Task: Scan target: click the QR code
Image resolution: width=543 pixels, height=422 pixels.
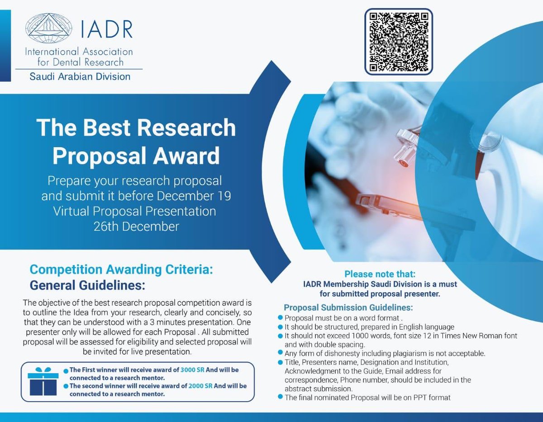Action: (399, 41)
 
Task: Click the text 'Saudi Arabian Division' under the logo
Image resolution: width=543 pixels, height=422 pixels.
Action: (80, 76)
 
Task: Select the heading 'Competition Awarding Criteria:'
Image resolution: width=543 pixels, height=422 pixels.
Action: (121, 270)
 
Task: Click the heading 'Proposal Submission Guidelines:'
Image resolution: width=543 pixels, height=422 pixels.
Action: (348, 308)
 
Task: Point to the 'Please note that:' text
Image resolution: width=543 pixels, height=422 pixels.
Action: (380, 274)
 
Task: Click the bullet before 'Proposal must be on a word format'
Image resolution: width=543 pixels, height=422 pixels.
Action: (281, 318)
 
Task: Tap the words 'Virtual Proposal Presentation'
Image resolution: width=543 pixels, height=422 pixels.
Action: (134, 211)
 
